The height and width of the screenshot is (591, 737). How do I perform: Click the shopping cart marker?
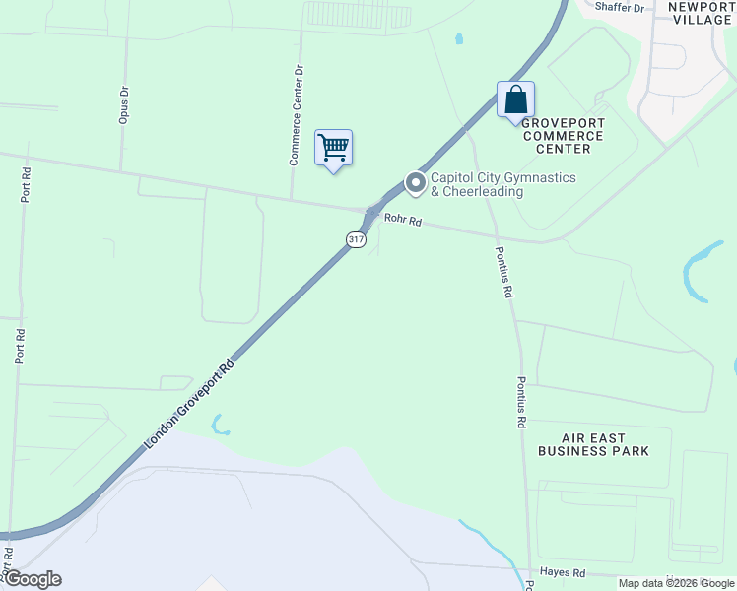[x=333, y=148]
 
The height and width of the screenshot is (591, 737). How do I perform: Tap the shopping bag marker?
[x=515, y=99]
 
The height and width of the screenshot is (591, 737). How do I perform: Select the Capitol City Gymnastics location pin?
[x=415, y=183]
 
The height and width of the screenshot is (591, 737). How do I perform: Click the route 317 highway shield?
[x=356, y=239]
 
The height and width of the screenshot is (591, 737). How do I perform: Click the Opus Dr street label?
[x=125, y=104]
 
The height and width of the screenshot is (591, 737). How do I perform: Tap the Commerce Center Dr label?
[x=296, y=115]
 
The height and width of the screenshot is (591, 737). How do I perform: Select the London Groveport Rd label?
[x=191, y=405]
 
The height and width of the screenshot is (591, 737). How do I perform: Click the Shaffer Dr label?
[x=625, y=8]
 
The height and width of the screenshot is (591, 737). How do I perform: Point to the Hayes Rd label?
[x=563, y=572]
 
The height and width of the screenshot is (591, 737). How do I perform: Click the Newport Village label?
[x=702, y=13]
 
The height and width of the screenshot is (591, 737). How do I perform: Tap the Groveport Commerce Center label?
[x=563, y=135]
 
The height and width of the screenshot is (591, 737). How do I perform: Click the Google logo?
[x=33, y=579]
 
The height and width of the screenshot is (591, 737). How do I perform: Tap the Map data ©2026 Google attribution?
[x=676, y=583]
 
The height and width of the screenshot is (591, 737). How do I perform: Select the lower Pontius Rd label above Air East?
[x=521, y=402]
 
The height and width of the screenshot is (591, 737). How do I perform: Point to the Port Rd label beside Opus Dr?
[x=26, y=183]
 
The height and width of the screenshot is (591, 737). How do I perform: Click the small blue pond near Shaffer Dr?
[x=459, y=40]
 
